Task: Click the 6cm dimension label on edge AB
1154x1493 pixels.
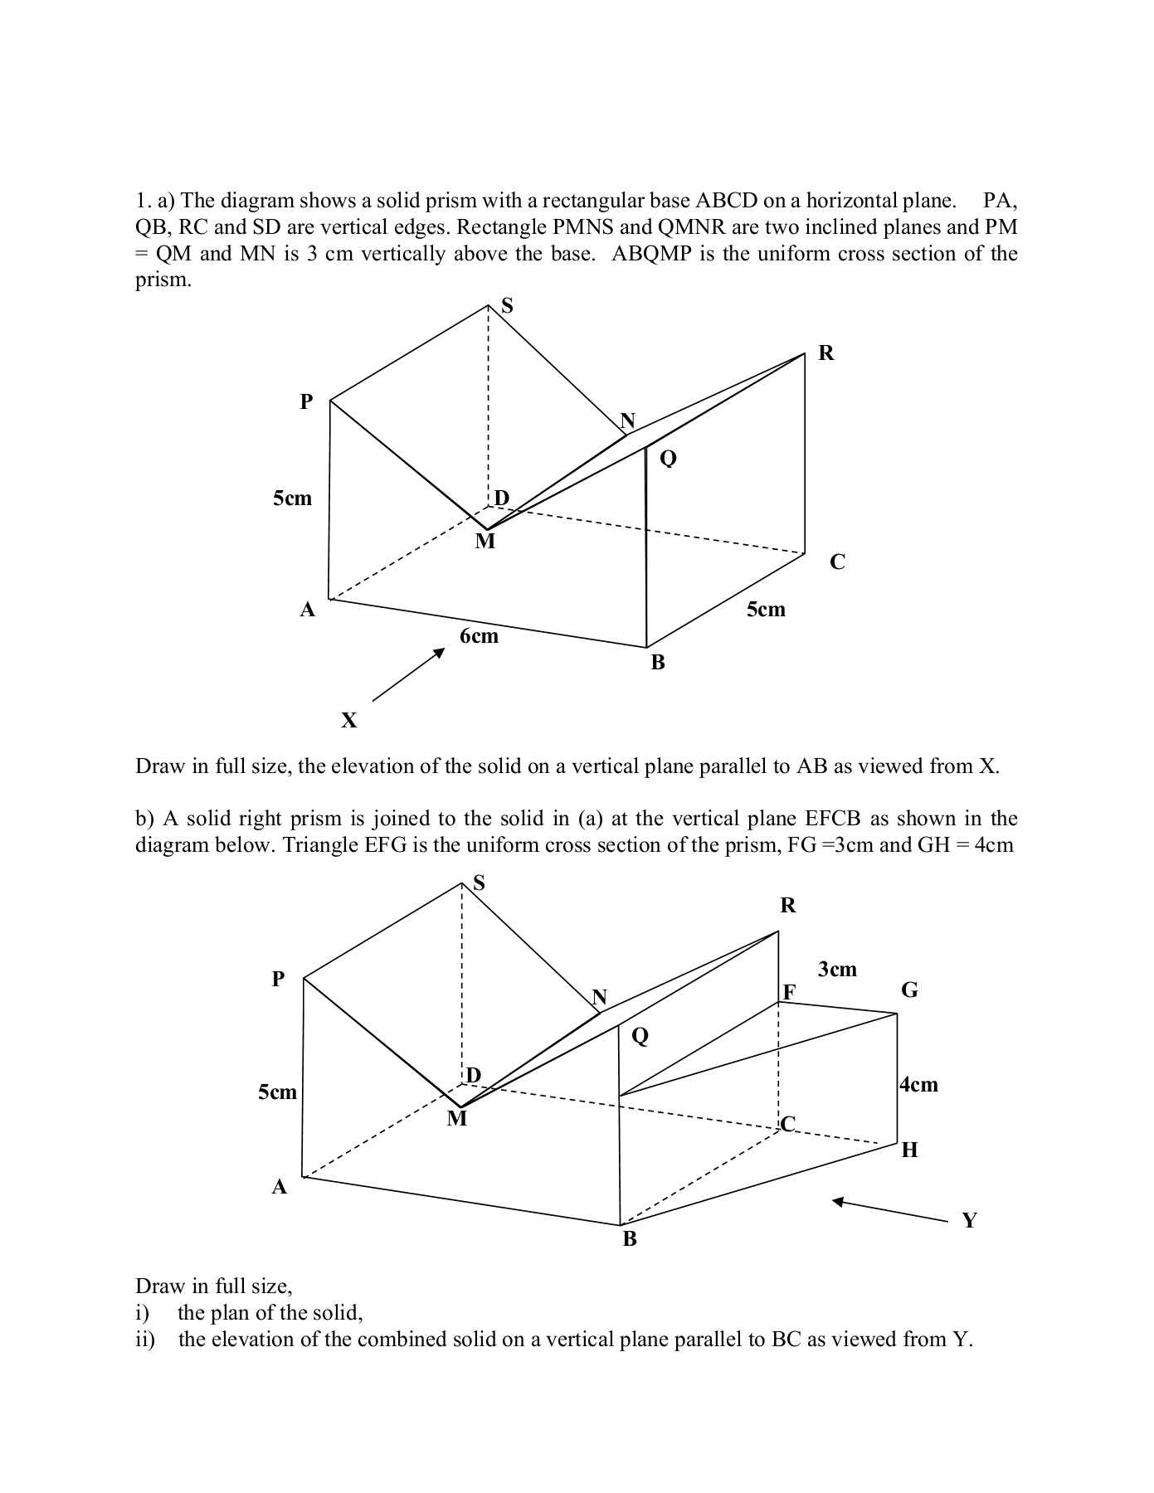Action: point(479,636)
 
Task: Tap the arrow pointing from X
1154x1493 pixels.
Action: point(409,675)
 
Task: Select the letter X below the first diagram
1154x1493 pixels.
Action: point(349,720)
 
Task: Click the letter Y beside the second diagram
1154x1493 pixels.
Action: point(969,1220)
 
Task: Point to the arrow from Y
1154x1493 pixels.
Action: point(889,1210)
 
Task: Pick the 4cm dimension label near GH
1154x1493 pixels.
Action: point(919,1084)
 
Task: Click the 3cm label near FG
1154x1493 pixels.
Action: point(837,969)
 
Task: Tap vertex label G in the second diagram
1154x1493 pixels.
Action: point(909,990)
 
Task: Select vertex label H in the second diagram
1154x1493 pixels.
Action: point(909,1150)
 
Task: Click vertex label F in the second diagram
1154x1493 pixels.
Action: point(789,992)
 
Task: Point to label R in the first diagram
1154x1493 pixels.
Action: point(826,353)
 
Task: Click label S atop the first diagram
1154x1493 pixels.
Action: point(507,306)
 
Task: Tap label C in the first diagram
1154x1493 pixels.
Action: point(838,562)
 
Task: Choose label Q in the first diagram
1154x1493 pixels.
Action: point(668,458)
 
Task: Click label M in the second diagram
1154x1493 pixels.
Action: point(457,1119)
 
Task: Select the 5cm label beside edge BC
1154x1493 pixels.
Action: point(765,610)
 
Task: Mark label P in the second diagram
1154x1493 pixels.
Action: point(279,979)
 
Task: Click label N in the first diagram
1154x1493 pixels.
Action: point(627,420)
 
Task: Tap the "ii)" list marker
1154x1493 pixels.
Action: point(145,1340)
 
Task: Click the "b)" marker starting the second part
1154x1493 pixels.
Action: point(145,819)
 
